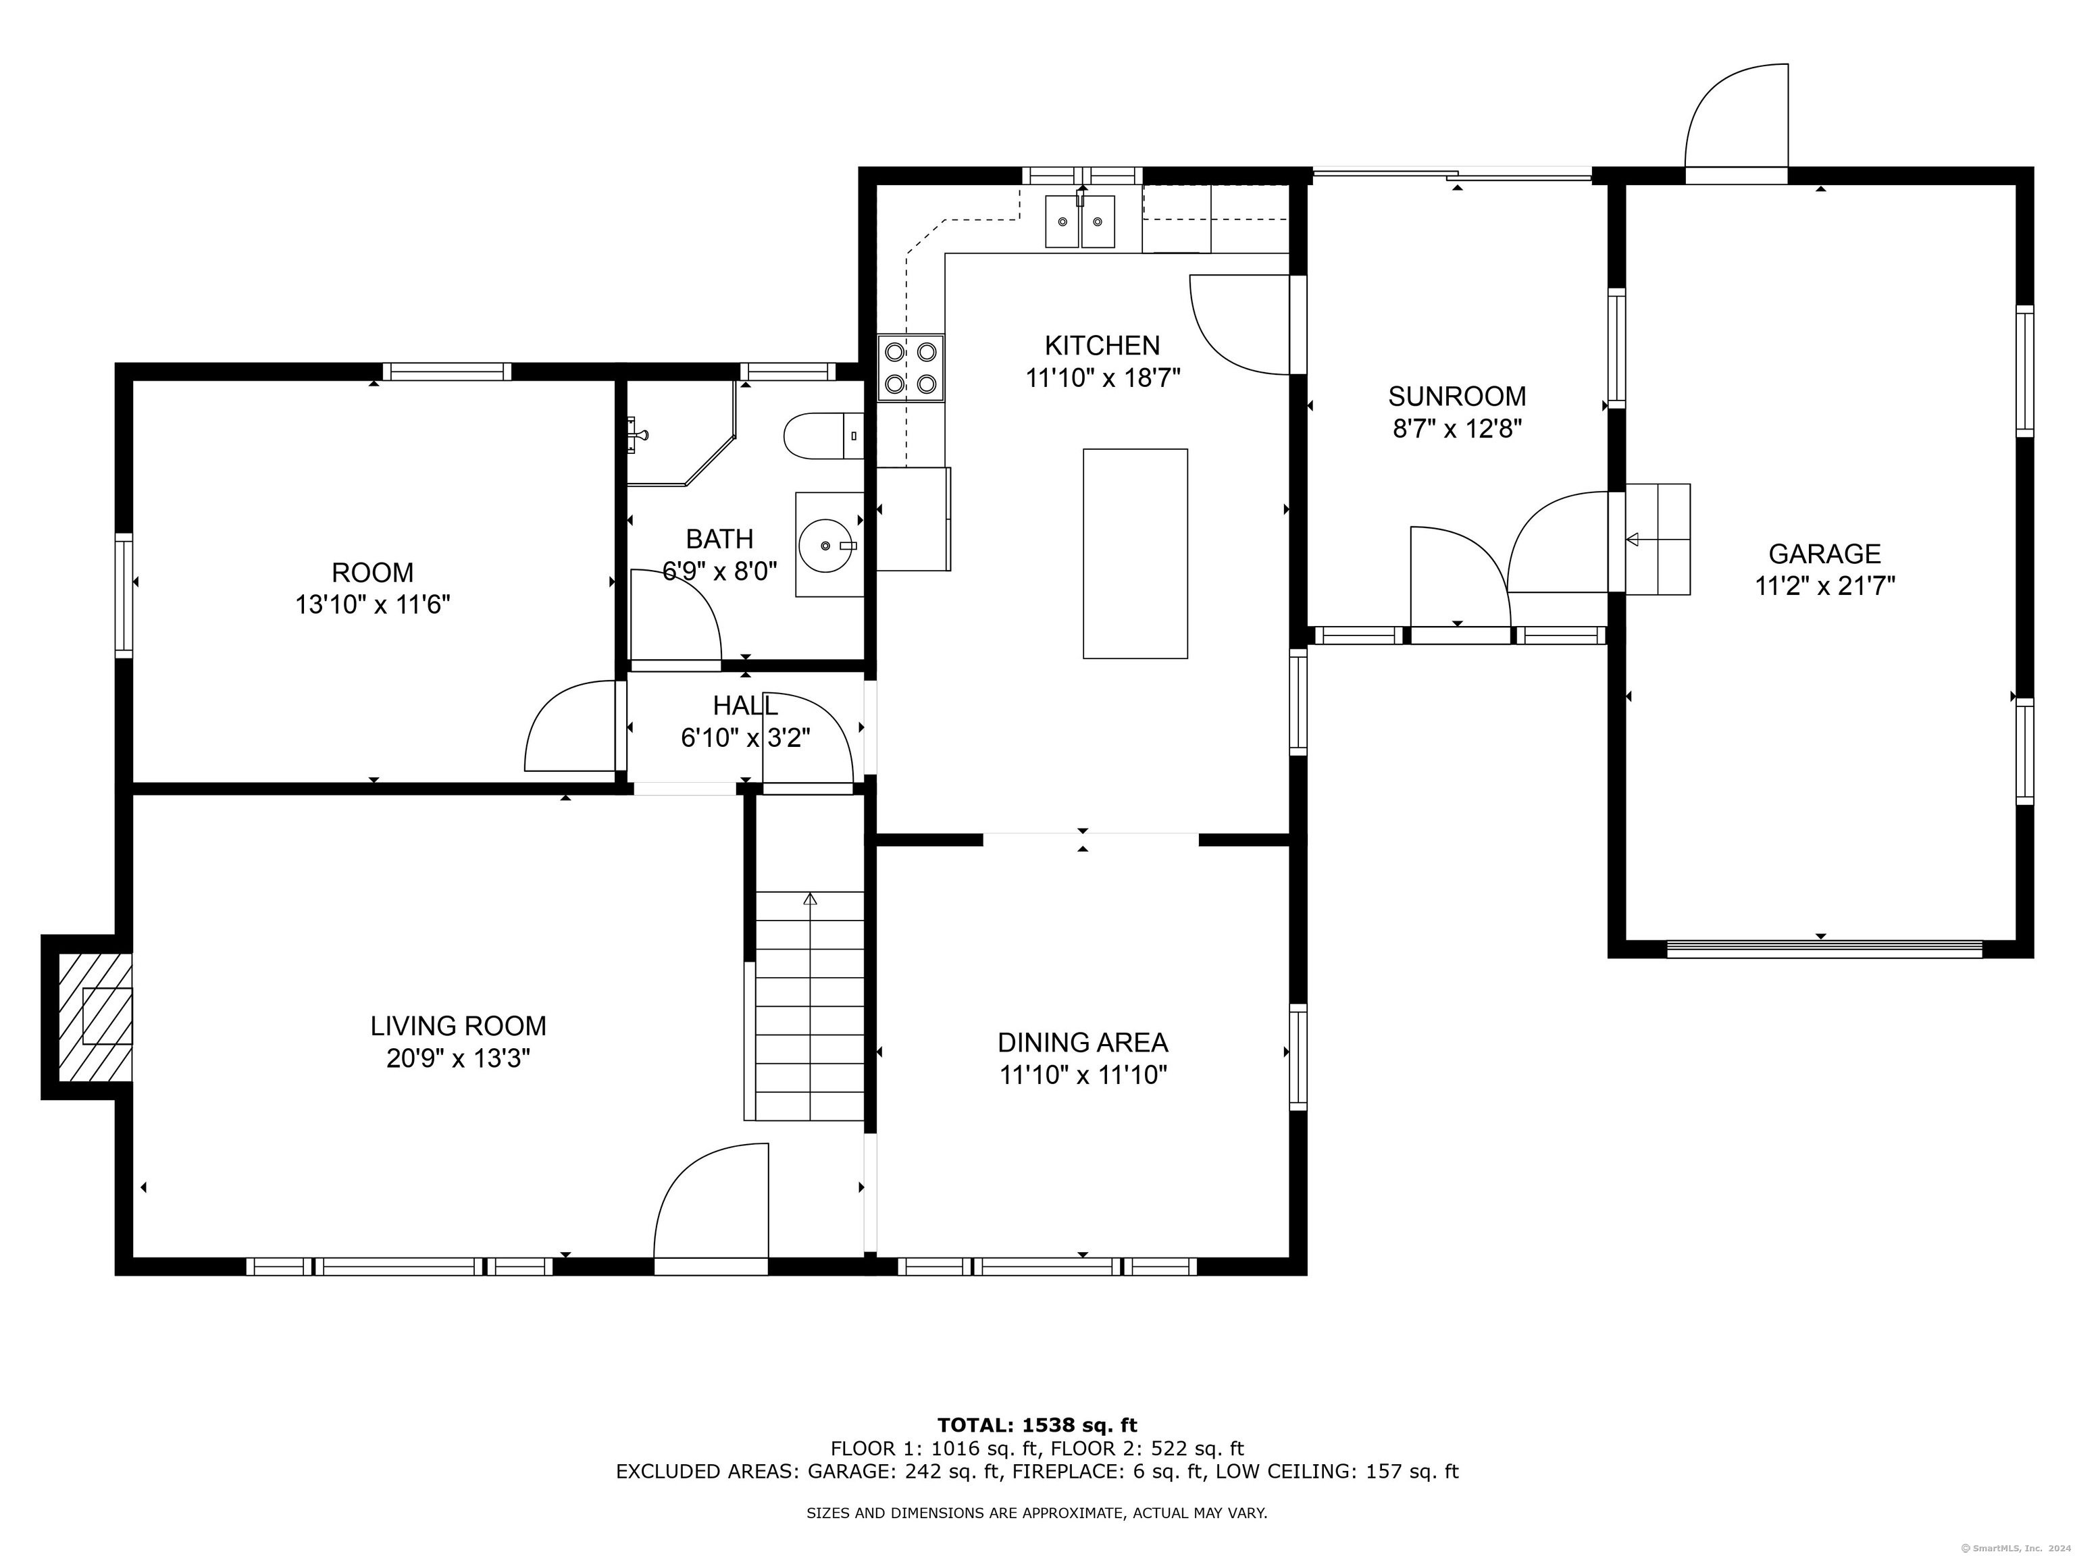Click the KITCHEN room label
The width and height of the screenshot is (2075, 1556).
1102,345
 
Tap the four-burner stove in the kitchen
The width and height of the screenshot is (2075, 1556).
911,367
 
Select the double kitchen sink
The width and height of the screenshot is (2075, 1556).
1081,222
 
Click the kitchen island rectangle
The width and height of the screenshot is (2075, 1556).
1135,553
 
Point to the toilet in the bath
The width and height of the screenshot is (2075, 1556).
823,436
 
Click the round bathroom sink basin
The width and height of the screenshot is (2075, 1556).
825,544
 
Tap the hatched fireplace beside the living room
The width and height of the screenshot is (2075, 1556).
95,1016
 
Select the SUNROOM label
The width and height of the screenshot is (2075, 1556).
1457,396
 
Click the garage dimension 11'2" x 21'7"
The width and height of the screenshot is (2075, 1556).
1824,586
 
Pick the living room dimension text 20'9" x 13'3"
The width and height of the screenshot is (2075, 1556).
458,1059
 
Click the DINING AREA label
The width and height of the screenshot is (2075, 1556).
1083,1042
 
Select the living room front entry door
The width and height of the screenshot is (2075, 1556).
710,1209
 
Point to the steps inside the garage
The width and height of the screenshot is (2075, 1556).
1658,540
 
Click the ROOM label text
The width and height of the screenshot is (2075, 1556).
372,572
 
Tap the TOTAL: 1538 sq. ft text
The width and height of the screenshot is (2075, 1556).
1037,1426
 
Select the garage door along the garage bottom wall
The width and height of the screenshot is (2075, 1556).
1824,949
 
